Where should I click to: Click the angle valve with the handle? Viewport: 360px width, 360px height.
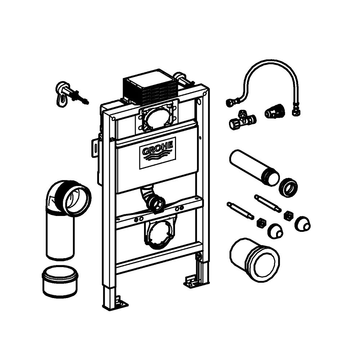242,120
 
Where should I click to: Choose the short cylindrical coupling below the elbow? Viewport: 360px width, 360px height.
60,282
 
